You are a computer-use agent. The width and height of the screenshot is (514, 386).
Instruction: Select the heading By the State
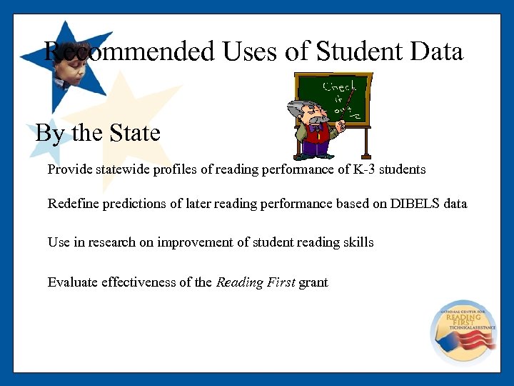pos(98,132)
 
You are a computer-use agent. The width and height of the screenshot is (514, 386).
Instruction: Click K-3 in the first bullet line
pos(363,169)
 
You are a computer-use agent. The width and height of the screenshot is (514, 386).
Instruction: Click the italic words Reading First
pos(255,282)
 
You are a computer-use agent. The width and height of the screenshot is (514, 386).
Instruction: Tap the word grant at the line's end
pos(313,282)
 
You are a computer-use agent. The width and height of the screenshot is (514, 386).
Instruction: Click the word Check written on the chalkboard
pos(338,87)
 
